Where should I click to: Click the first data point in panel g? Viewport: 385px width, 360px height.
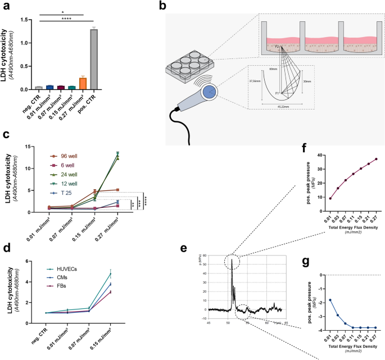[315, 300]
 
